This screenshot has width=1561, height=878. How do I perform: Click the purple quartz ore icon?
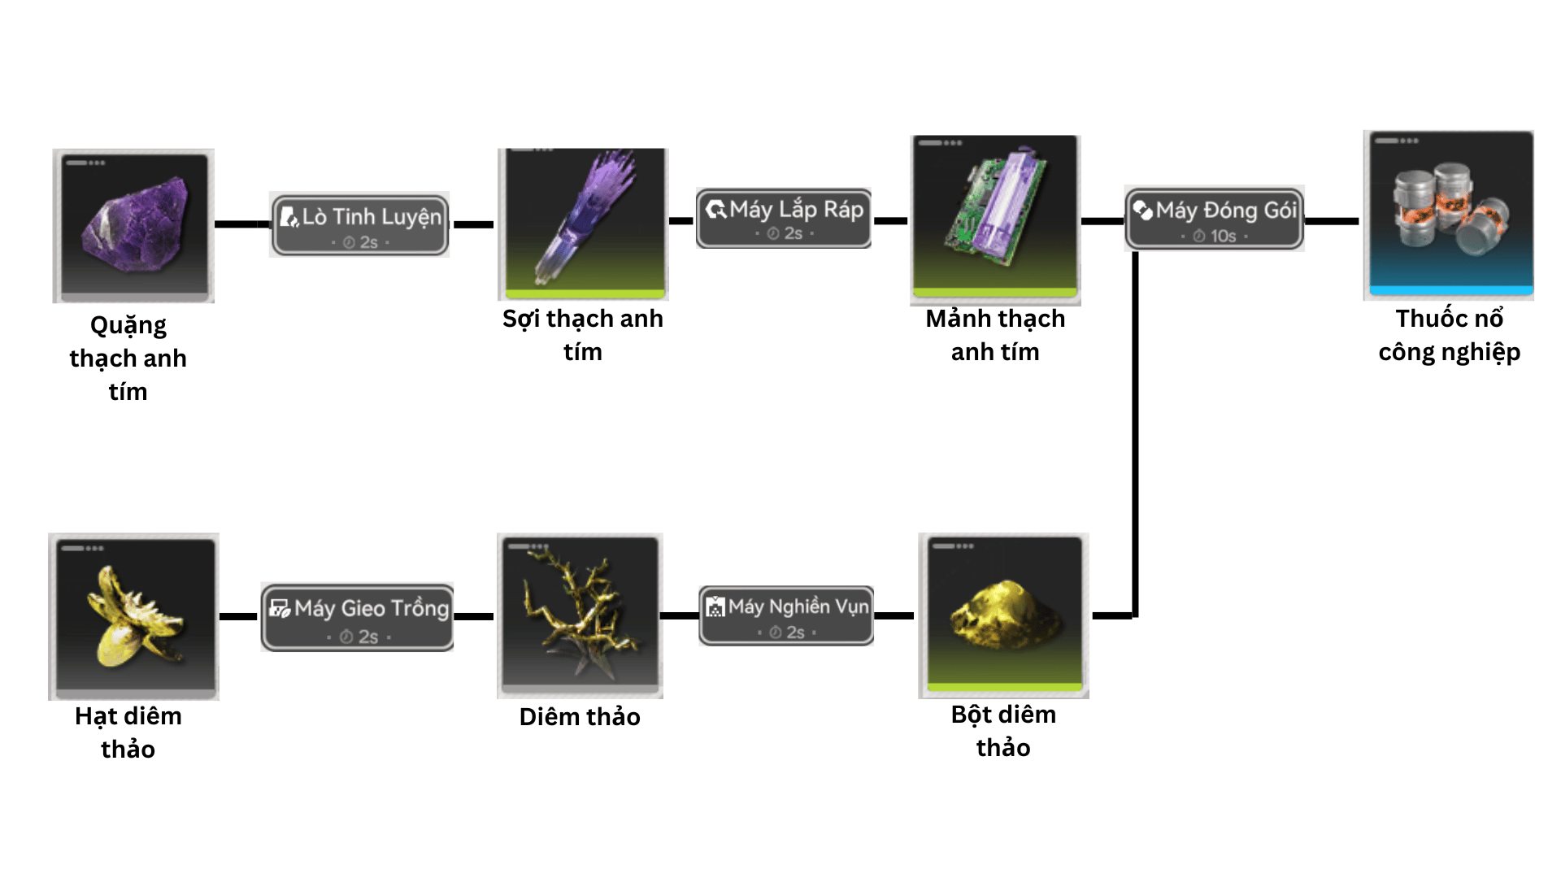[x=133, y=225]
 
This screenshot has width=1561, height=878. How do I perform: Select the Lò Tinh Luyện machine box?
[x=359, y=224]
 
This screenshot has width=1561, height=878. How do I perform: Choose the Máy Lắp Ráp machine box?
[x=784, y=218]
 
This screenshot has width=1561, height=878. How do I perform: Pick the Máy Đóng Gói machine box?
[x=1215, y=218]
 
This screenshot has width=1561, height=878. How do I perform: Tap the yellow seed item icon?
[x=133, y=616]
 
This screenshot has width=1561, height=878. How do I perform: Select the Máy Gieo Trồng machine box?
[x=358, y=617]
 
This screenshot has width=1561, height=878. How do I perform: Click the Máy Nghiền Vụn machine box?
[x=786, y=615]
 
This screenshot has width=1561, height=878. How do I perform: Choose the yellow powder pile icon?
[x=1004, y=615]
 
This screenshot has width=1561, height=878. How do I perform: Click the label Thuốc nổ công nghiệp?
[x=1449, y=335]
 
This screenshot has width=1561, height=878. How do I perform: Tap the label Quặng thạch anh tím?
[x=128, y=359]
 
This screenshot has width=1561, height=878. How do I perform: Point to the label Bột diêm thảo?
[x=1003, y=731]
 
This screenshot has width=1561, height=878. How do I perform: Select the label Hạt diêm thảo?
[x=128, y=732]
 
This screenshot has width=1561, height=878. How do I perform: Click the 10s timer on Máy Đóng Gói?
[x=1216, y=237]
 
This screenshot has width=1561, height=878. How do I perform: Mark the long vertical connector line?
[x=1135, y=431]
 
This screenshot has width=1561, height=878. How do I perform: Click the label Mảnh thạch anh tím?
[x=995, y=335]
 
